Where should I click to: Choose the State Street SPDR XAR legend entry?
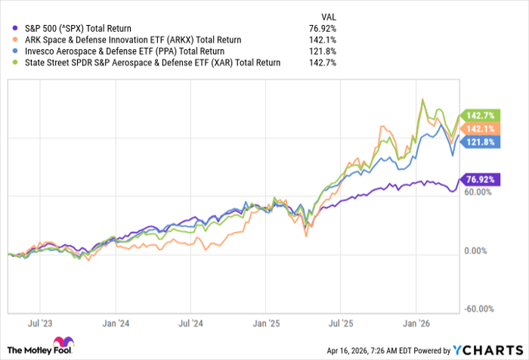click(144, 62)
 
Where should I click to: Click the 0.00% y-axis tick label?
click(479, 250)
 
